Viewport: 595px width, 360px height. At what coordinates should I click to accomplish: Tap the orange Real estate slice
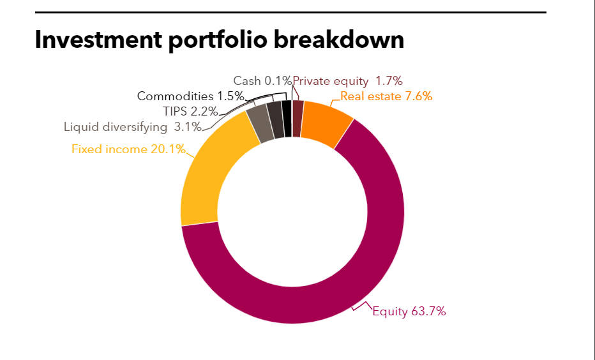coord(324,123)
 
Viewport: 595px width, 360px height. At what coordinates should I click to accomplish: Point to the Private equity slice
coord(297,109)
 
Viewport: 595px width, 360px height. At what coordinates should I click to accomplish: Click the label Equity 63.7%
coord(409,311)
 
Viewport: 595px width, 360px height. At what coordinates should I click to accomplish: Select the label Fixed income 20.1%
coord(128,149)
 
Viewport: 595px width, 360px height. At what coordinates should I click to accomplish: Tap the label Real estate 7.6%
coord(386,96)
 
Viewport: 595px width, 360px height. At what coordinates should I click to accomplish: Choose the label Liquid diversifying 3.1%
coord(132,126)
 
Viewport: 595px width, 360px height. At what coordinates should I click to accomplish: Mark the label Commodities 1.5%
coord(191,96)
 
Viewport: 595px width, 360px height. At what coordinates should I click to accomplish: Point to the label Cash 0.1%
coord(262,81)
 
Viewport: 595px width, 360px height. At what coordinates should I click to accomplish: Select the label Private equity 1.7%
coord(347,81)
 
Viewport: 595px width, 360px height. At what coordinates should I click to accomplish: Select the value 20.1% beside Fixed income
coord(169,149)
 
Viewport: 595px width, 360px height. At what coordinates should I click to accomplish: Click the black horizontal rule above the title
coord(290,12)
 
